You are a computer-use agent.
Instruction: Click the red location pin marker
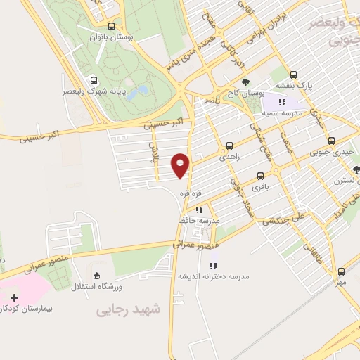181,165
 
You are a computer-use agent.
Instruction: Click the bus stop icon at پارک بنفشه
293,75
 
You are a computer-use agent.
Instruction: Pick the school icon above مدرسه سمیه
282,102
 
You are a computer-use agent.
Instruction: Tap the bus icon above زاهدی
229,148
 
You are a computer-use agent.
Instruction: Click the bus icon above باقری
261,176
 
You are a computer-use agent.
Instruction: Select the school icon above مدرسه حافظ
199,209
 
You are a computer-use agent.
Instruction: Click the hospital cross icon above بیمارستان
15,297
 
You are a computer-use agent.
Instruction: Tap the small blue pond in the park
142,91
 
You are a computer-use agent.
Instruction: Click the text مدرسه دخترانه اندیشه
213,276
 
